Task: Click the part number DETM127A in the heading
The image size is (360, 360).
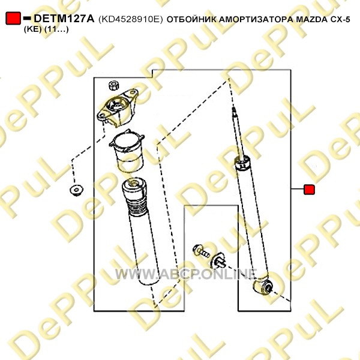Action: [x=64, y=19]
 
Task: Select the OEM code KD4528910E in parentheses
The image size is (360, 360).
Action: [x=131, y=19]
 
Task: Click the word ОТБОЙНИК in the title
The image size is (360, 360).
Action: [x=191, y=20]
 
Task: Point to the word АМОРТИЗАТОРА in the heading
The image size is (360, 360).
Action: [x=256, y=20]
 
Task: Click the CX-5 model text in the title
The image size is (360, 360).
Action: [x=340, y=20]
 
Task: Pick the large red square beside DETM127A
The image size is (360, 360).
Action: [x=13, y=19]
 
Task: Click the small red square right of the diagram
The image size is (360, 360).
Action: [x=309, y=190]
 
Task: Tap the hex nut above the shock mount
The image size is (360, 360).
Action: [x=113, y=85]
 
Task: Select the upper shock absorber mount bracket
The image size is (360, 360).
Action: [x=118, y=107]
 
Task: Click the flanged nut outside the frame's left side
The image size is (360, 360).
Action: [x=76, y=190]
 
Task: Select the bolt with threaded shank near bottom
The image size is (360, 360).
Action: [x=200, y=251]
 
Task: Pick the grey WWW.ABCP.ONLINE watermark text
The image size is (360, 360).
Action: [x=185, y=274]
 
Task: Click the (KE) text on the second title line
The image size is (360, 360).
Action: [x=32, y=29]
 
